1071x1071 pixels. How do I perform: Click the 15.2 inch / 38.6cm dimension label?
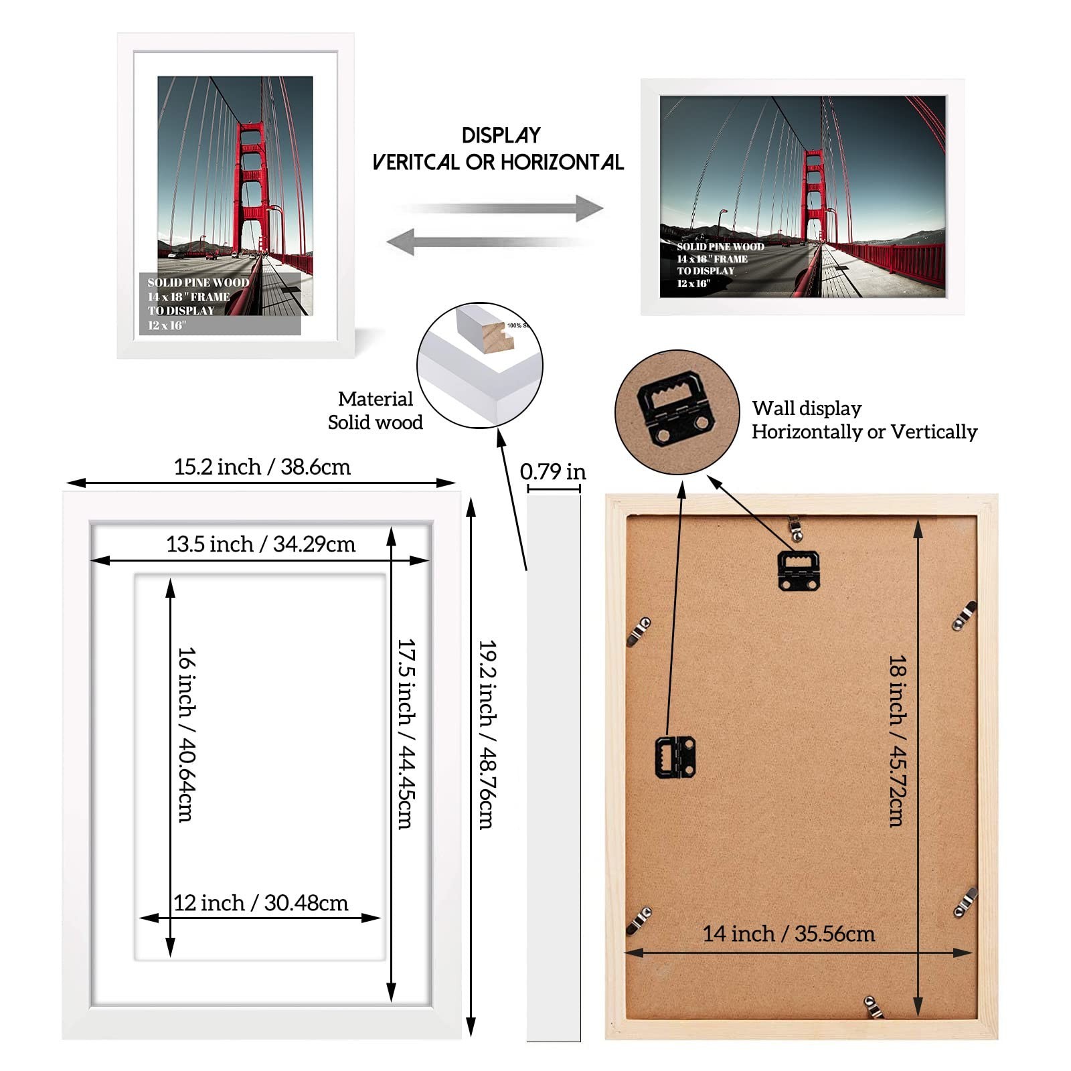pyautogui.click(x=262, y=467)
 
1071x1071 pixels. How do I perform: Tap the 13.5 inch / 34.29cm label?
pyautogui.click(x=260, y=544)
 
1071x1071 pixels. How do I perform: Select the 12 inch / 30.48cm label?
pyautogui.click(x=261, y=903)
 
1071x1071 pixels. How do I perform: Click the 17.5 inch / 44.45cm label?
pyautogui.click(x=406, y=734)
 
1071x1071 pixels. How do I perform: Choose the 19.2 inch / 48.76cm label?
pyautogui.click(x=487, y=734)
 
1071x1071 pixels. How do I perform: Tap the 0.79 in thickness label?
pyautogui.click(x=552, y=472)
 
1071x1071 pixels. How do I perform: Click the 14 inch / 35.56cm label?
pyautogui.click(x=788, y=934)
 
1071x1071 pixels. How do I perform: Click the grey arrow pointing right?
pyautogui.click(x=502, y=208)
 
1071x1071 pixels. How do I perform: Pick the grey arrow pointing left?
pyautogui.click(x=489, y=241)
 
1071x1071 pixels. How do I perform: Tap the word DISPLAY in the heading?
pyautogui.click(x=501, y=136)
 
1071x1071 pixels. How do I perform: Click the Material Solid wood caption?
pyautogui.click(x=376, y=410)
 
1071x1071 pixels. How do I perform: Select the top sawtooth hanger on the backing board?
pyautogui.click(x=798, y=570)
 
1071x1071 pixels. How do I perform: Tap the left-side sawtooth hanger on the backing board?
pyautogui.click(x=675, y=757)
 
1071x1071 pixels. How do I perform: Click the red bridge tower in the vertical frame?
pyautogui.click(x=252, y=187)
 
